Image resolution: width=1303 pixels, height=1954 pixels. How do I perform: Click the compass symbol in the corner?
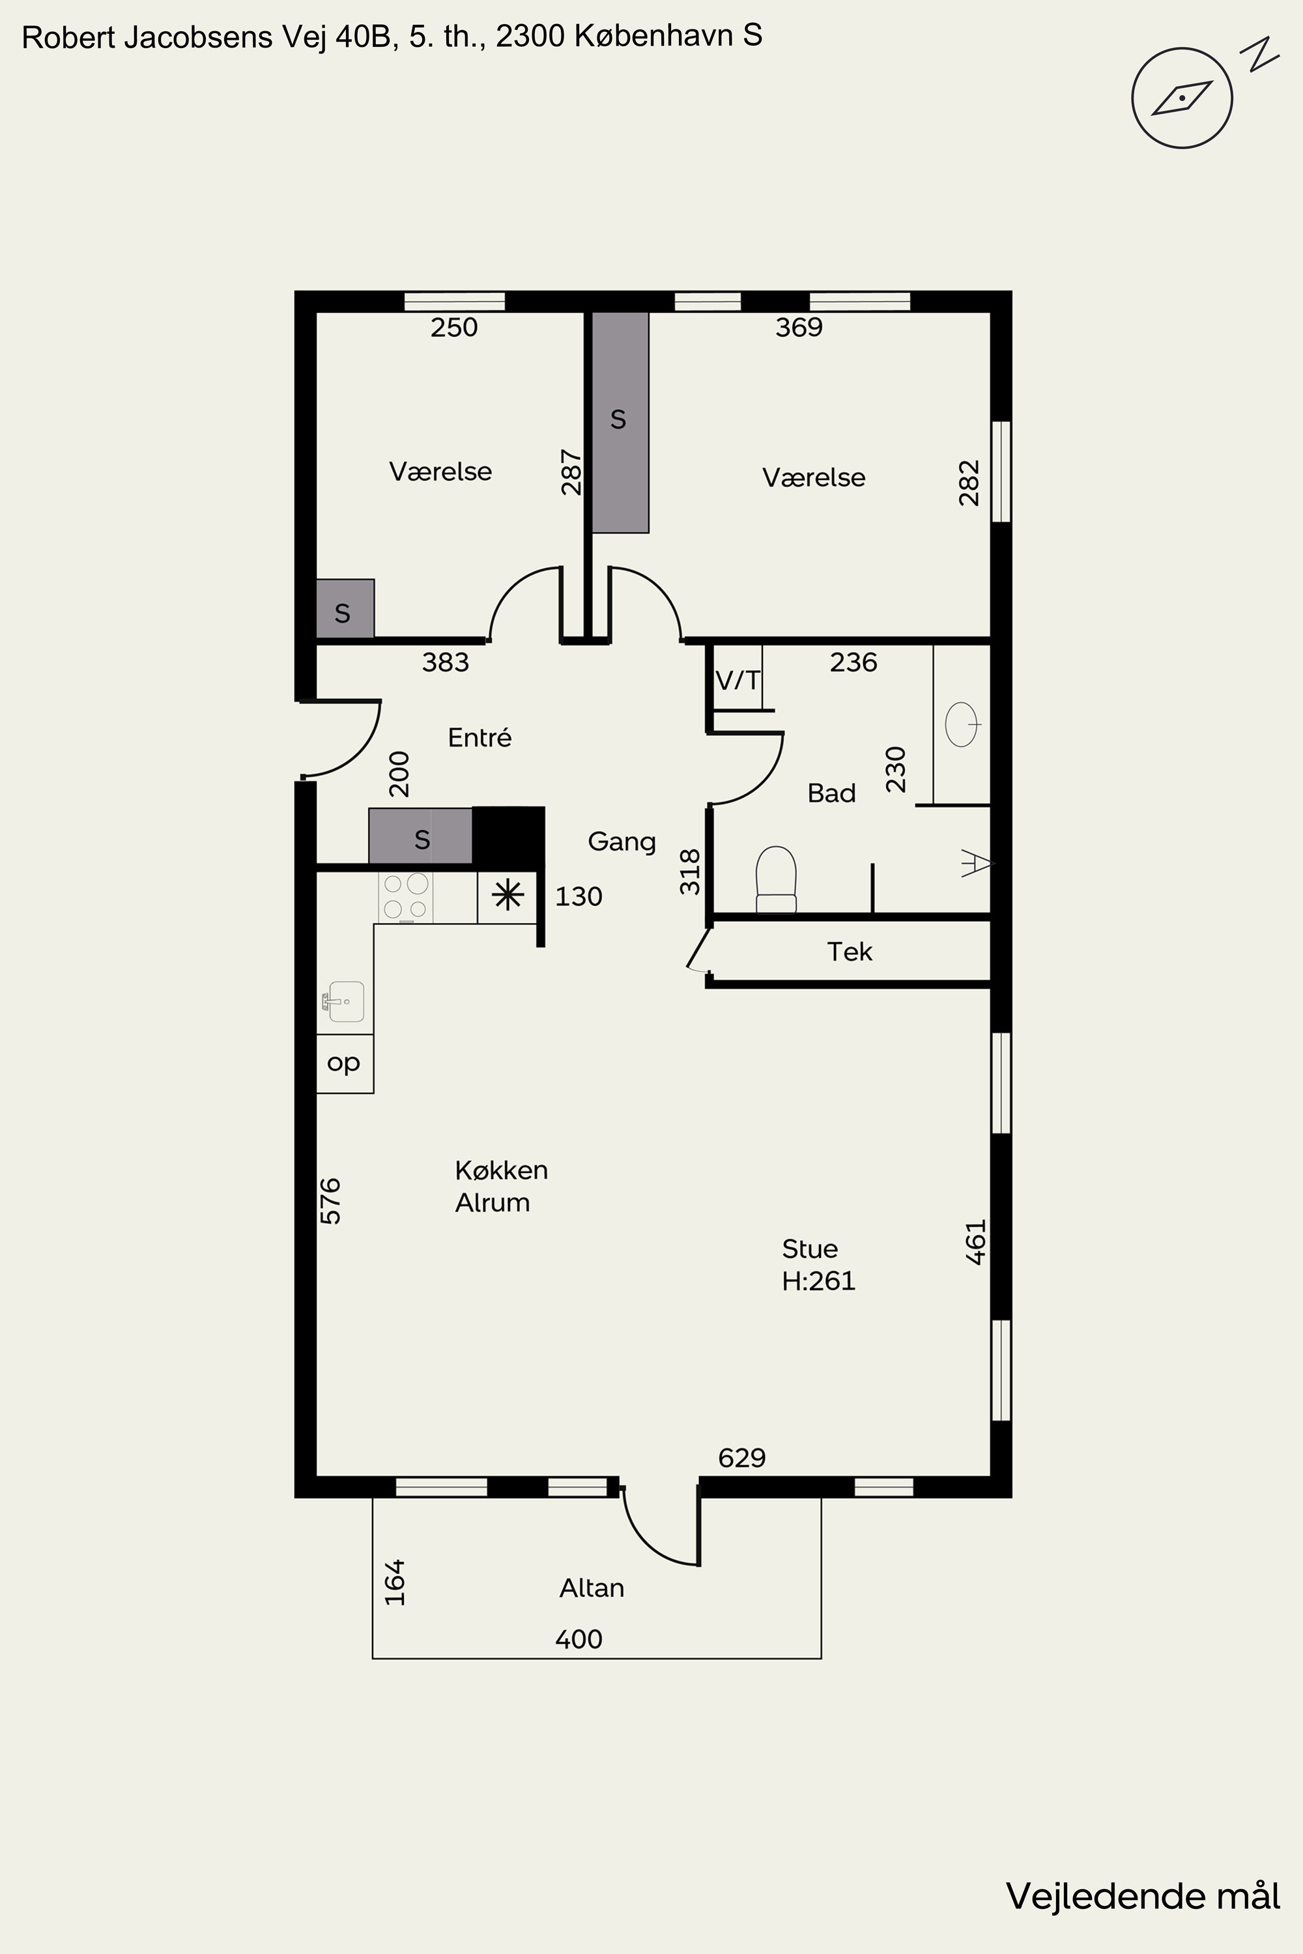pyautogui.click(x=1182, y=98)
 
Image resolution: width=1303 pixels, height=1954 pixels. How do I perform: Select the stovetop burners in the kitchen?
pyautogui.click(x=405, y=896)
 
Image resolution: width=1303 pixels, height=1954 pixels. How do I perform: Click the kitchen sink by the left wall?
pyautogui.click(x=343, y=1001)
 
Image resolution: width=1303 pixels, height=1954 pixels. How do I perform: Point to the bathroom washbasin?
pyautogui.click(x=962, y=724)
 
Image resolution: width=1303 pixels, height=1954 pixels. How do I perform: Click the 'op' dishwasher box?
pyautogui.click(x=345, y=1064)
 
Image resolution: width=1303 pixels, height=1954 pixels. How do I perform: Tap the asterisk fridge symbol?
pyautogui.click(x=508, y=896)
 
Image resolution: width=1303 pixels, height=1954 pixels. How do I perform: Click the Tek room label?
pyautogui.click(x=850, y=951)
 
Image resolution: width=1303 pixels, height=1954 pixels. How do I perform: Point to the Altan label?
pyautogui.click(x=592, y=1588)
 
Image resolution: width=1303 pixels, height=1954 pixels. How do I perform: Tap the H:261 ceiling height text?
pyautogui.click(x=818, y=1281)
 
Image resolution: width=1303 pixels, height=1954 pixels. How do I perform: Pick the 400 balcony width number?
pyautogui.click(x=579, y=1639)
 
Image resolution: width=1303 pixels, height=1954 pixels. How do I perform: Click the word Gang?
pyautogui.click(x=622, y=842)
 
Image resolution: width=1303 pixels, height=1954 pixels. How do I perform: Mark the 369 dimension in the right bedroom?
pyautogui.click(x=799, y=328)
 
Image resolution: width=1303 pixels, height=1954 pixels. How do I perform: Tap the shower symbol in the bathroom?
pyautogui.click(x=977, y=864)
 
